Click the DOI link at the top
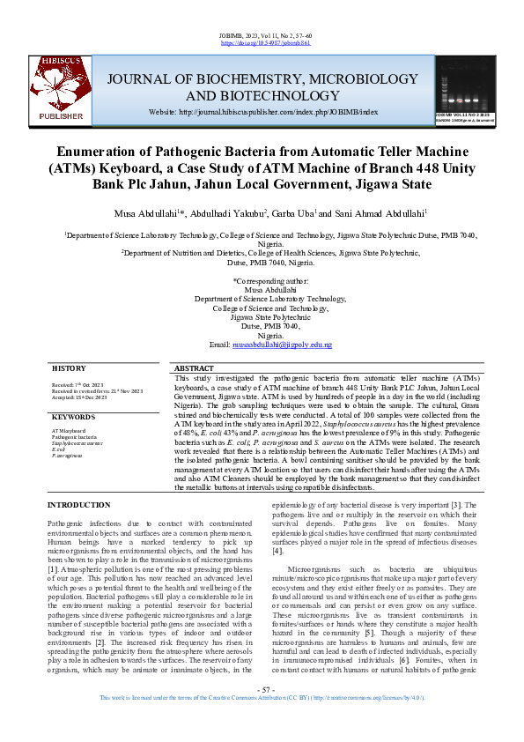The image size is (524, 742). [x=262, y=42]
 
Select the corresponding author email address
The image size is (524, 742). [x=282, y=345]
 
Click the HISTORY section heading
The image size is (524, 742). [x=69, y=367]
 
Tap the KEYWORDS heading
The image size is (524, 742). [x=74, y=416]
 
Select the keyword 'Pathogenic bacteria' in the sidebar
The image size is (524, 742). [x=74, y=437]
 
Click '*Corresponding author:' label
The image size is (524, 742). [x=262, y=279]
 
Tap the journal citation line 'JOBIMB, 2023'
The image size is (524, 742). [x=262, y=34]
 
